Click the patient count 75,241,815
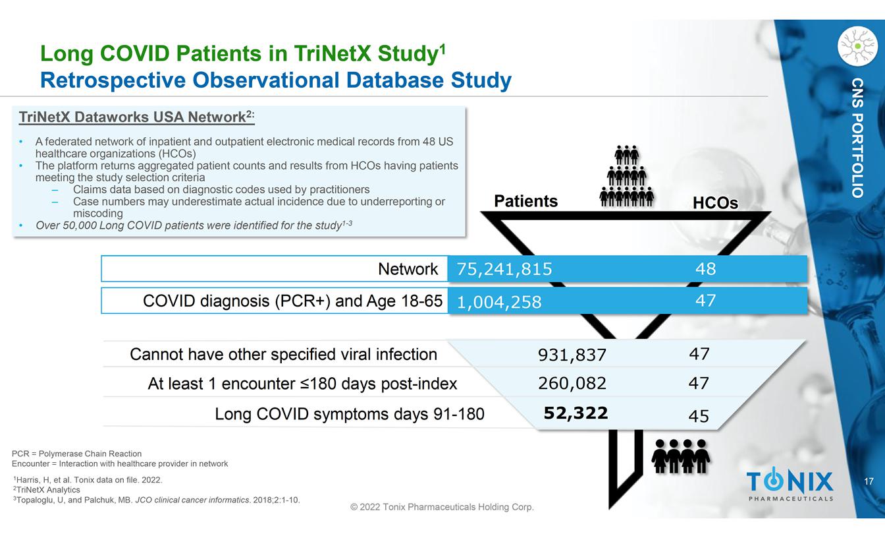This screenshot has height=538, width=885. tap(504, 268)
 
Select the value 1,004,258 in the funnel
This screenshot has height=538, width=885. tap(499, 302)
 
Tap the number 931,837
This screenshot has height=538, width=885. tap(572, 355)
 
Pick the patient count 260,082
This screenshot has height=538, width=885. tap(572, 383)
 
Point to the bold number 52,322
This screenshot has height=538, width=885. tap(576, 413)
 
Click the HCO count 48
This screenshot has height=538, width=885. tap(705, 268)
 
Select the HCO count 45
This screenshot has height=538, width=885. tap(699, 416)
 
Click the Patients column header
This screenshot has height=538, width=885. tap(526, 201)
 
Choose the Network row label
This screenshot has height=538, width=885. tap(408, 268)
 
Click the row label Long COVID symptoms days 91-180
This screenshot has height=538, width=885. tap(349, 414)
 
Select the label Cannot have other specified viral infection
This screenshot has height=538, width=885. tap(283, 355)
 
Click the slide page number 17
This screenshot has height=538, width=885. tap(869, 482)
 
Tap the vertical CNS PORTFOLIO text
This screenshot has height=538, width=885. tap(857, 137)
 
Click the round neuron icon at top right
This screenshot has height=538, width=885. tap(857, 45)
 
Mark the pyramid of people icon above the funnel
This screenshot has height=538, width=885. tap(626, 175)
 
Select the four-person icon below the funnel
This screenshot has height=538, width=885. tap(680, 456)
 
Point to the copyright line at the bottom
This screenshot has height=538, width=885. tap(442, 507)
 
